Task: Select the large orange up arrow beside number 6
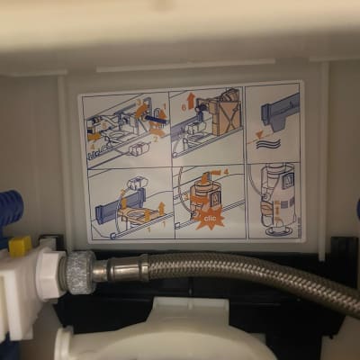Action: pyautogui.click(x=191, y=98)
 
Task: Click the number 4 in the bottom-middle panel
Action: pyautogui.click(x=226, y=171)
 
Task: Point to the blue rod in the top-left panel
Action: pyautogui.click(x=154, y=117)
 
